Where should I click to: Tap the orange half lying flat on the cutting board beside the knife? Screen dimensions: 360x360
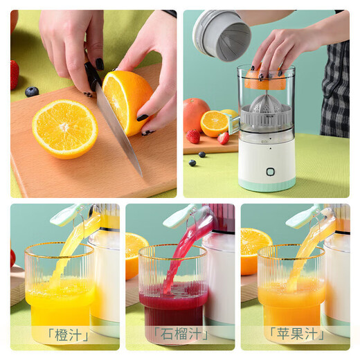pyautogui.click(x=64, y=129)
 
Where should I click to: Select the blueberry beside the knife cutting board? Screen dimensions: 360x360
pyautogui.click(x=32, y=91)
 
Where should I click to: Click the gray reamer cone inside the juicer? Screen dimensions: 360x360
pyautogui.click(x=266, y=107)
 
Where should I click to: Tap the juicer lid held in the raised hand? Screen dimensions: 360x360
pyautogui.click(x=222, y=35)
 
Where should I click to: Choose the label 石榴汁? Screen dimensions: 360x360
pyautogui.click(x=179, y=335)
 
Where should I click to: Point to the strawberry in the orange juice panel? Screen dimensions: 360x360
pyautogui.click(x=13, y=258)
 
